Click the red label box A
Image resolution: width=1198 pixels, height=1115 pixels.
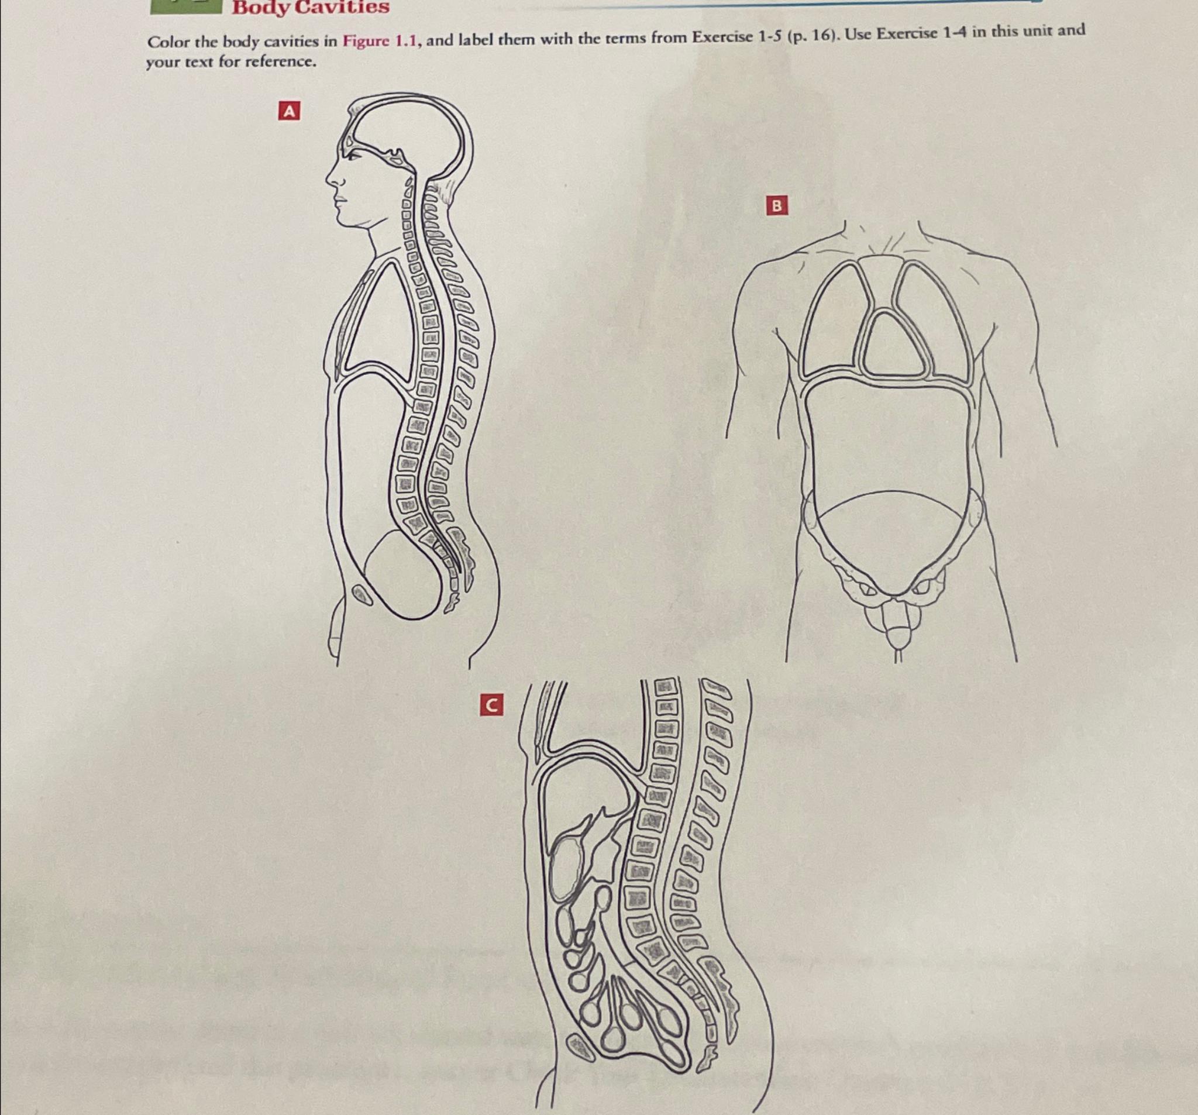pyautogui.click(x=288, y=112)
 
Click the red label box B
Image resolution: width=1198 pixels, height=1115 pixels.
pyautogui.click(x=777, y=206)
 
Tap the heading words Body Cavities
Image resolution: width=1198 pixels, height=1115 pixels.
pyautogui.click(x=311, y=8)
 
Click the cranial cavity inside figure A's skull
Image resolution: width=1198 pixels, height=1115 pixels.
pyautogui.click(x=410, y=130)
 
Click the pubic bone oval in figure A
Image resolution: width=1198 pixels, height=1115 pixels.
pyautogui.click(x=362, y=595)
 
